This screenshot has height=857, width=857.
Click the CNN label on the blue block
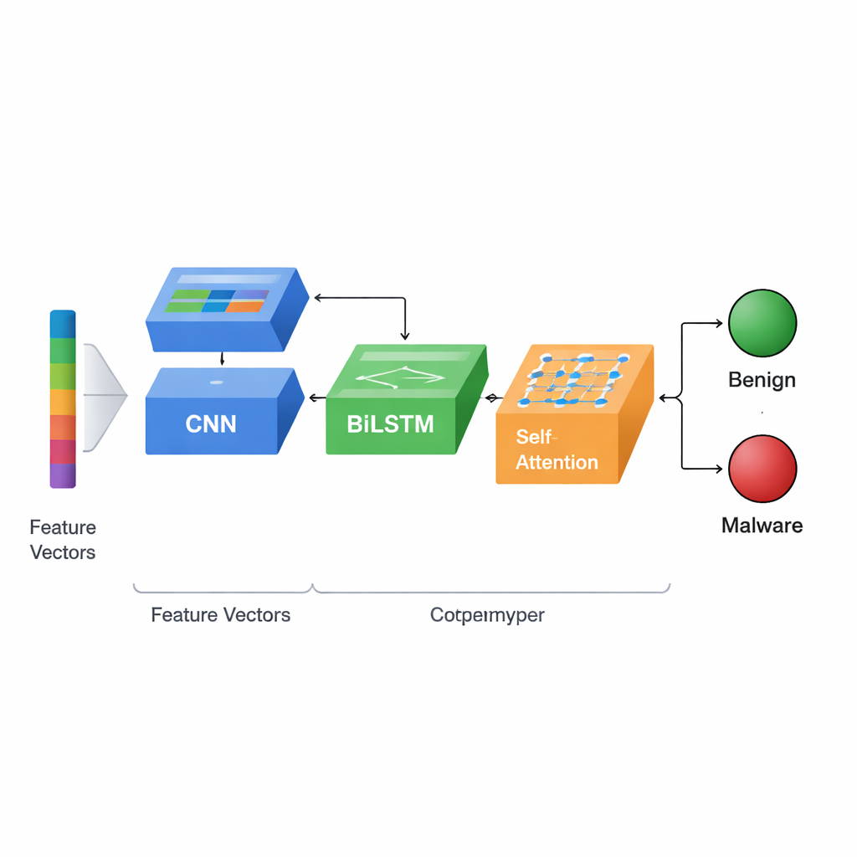(x=211, y=423)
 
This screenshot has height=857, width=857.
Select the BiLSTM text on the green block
(x=390, y=423)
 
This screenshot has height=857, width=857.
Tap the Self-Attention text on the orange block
(x=557, y=449)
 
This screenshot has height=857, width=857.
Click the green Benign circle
(x=762, y=323)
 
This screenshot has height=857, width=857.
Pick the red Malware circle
(x=762, y=469)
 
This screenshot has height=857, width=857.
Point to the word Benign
(x=762, y=380)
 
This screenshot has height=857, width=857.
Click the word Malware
(x=762, y=526)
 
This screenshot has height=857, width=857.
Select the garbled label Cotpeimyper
(x=487, y=615)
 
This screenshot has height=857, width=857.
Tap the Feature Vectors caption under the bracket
(x=221, y=615)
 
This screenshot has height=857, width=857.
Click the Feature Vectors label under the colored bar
(x=63, y=540)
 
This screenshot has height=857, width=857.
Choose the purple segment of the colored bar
(x=63, y=475)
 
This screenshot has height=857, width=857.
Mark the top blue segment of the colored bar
(x=63, y=324)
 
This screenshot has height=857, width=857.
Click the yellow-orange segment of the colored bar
(x=63, y=402)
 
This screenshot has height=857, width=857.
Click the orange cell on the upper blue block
(x=244, y=306)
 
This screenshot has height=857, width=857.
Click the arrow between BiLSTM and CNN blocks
(x=316, y=398)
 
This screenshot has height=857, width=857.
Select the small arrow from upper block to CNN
(x=221, y=359)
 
